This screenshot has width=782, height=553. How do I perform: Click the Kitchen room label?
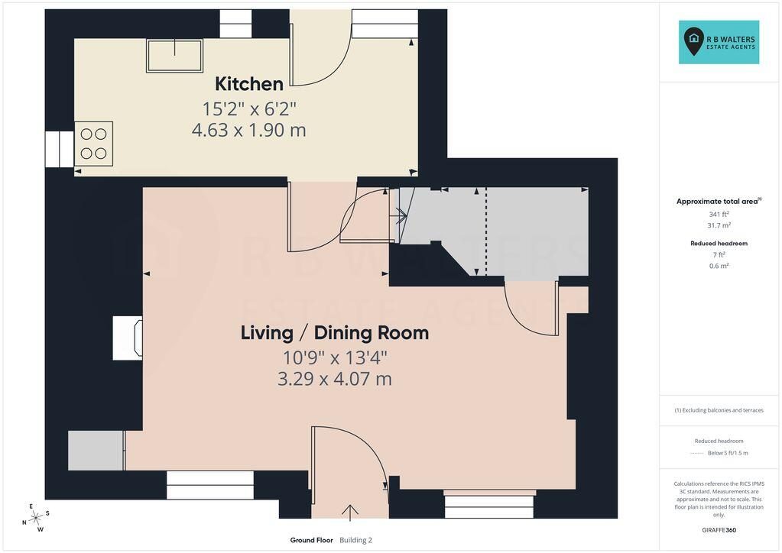(x=249, y=84)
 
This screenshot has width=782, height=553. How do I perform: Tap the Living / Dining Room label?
(x=335, y=333)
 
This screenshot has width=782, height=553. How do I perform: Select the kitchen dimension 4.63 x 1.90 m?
(x=249, y=130)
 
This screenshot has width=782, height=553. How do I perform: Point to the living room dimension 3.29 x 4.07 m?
(x=335, y=379)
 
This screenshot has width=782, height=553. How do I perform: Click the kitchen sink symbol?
(x=174, y=56)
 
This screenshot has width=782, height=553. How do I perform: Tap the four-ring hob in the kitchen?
(x=94, y=144)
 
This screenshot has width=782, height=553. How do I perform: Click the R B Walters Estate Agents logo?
(x=719, y=42)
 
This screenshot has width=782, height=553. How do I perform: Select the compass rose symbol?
(x=36, y=518)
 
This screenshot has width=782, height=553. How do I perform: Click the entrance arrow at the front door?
(x=350, y=513)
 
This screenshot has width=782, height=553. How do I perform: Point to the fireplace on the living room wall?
(x=128, y=338)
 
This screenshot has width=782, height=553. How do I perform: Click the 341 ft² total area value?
(x=719, y=214)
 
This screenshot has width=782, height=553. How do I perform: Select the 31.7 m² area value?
(x=719, y=225)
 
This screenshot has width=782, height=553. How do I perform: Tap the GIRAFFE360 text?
(x=719, y=530)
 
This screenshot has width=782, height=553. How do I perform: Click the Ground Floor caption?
(x=311, y=540)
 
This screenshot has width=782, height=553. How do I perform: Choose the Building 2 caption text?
(x=355, y=540)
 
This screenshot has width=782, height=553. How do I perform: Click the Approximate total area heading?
(x=717, y=202)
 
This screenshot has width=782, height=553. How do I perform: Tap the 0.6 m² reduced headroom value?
(x=719, y=266)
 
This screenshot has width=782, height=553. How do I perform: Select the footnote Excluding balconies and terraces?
(x=719, y=410)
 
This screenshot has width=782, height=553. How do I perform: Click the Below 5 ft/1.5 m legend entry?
(x=728, y=453)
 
